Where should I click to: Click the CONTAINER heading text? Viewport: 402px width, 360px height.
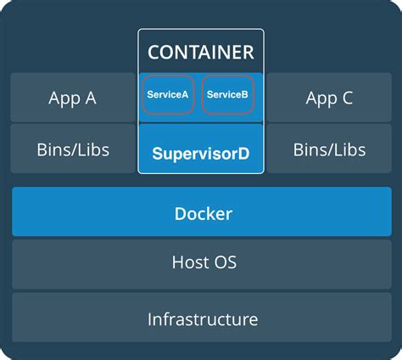[201, 52]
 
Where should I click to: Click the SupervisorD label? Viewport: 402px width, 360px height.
[201, 155]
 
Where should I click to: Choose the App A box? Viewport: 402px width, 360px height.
[72, 98]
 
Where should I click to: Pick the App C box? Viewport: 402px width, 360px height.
[329, 98]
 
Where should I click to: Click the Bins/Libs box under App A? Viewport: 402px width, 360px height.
[72, 150]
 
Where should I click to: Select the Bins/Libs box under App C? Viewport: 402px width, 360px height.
[329, 150]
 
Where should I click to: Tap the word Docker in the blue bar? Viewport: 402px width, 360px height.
[203, 212]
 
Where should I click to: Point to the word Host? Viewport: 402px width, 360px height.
[190, 263]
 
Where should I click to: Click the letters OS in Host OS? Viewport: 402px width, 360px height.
[225, 263]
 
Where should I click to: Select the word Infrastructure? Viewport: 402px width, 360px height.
[203, 319]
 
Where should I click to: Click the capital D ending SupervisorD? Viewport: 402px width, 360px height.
[244, 155]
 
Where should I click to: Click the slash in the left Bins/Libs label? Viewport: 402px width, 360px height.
[72, 150]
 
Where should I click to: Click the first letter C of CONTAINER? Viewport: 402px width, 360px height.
[154, 52]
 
